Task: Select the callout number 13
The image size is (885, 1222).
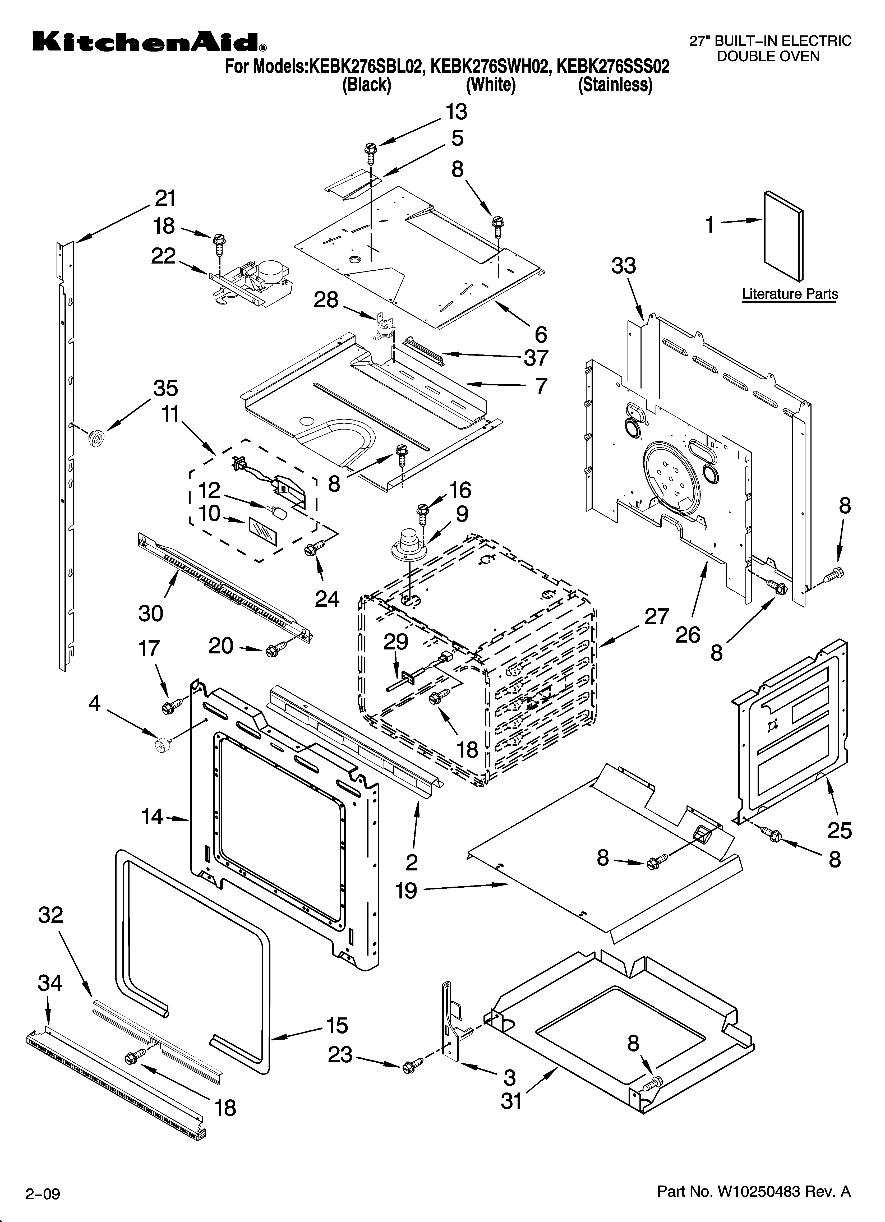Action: pos(456,112)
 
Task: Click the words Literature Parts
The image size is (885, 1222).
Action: pos(790,294)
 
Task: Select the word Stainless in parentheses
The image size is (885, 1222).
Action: pos(615,85)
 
